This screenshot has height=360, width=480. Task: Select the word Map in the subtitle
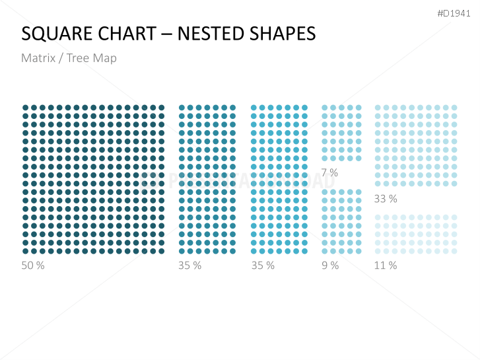(x=105, y=58)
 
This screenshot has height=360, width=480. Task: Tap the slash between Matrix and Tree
(x=61, y=58)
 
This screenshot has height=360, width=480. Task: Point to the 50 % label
(x=32, y=266)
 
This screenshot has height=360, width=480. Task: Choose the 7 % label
(x=329, y=173)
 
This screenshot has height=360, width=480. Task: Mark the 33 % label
(x=386, y=199)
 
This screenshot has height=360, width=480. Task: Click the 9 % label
(x=330, y=266)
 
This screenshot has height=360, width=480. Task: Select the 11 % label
(x=386, y=266)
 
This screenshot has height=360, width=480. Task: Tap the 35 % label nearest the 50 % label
(x=189, y=266)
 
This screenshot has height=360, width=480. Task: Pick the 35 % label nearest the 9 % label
(x=263, y=266)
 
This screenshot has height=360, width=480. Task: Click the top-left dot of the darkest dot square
(x=26, y=108)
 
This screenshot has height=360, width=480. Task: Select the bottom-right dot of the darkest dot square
(x=161, y=251)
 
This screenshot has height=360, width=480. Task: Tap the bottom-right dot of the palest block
(x=454, y=251)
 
